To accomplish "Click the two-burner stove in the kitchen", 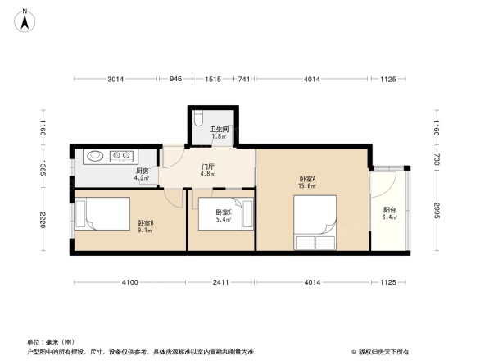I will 121,154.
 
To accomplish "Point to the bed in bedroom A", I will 315,226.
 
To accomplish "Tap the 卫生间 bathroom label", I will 218,129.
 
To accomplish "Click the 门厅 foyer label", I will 208,166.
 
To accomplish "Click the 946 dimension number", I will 175,79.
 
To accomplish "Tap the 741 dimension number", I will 243,79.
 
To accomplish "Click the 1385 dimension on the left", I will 43,169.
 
